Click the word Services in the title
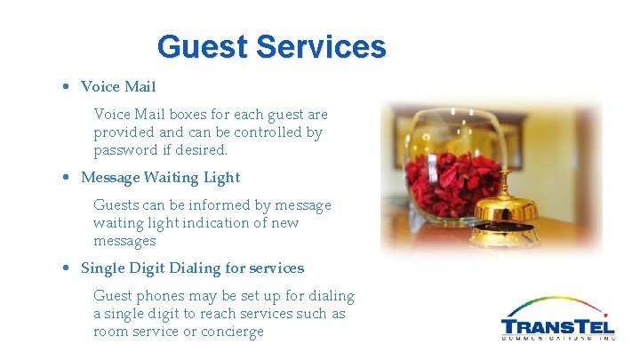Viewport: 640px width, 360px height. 321,46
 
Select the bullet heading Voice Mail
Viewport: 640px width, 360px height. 118,86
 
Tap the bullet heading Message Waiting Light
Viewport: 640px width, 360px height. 160,177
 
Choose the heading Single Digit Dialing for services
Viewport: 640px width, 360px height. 192,268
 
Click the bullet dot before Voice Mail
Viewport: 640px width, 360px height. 68,87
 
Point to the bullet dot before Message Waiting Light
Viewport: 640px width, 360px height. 68,178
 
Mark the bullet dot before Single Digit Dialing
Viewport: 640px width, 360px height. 68,268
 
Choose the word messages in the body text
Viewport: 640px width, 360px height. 124,241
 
